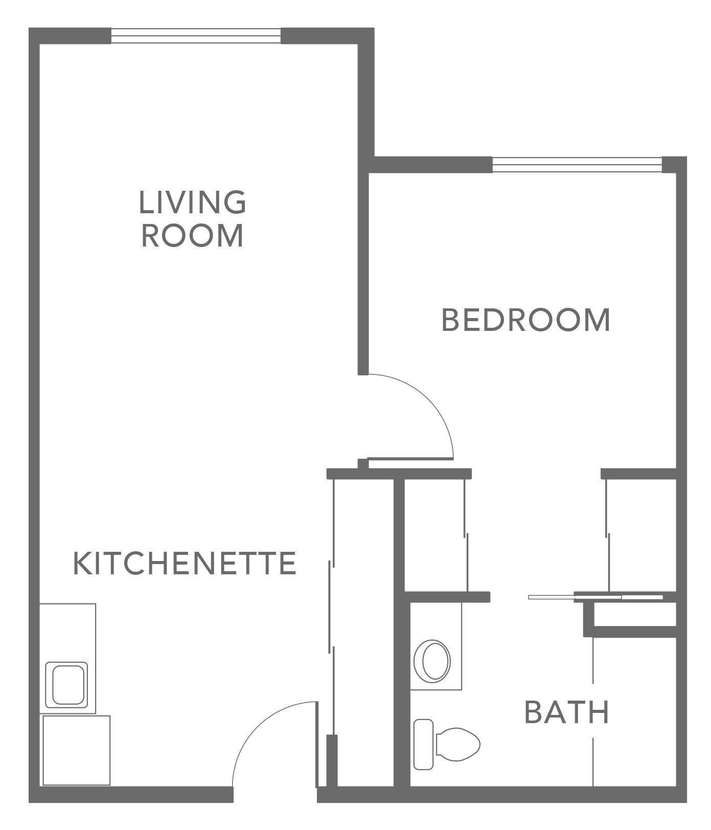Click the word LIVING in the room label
[x=192, y=202]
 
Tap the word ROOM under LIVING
[x=192, y=236]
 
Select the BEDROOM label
[x=526, y=320]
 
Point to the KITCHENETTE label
[x=185, y=563]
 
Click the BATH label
[x=567, y=712]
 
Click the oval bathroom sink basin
[x=432, y=660]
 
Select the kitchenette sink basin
[x=66, y=684]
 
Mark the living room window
[x=196, y=36]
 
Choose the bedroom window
[x=577, y=165]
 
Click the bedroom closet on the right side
[x=641, y=534]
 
